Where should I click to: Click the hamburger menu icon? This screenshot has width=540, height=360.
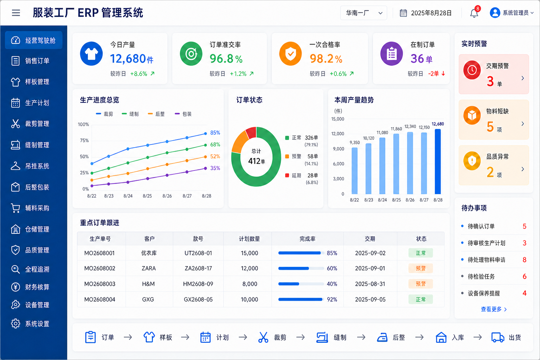coord(16,13)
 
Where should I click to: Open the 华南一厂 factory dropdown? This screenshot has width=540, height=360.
coord(364,13)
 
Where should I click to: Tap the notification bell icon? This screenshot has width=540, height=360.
coord(474,13)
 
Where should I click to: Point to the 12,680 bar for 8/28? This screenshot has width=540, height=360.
coord(438,162)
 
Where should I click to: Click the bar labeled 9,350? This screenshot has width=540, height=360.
coord(355,171)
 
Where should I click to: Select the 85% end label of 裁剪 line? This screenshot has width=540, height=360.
coord(215,133)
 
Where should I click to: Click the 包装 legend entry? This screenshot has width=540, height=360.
coord(183,114)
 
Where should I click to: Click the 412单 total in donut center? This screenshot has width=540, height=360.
coord(257,161)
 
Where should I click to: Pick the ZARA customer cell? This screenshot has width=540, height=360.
coord(148,268)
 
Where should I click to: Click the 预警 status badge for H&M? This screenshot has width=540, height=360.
coord(421,284)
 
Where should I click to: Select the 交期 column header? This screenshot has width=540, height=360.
coord(370,239)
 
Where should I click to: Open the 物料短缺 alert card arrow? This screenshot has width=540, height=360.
coord(523,124)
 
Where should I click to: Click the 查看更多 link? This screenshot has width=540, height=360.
coord(494,309)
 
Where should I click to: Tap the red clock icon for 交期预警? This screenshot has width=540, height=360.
coord(472,70)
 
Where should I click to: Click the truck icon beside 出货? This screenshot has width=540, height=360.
coord(497,337)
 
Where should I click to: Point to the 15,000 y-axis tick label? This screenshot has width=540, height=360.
coord(337,119)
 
